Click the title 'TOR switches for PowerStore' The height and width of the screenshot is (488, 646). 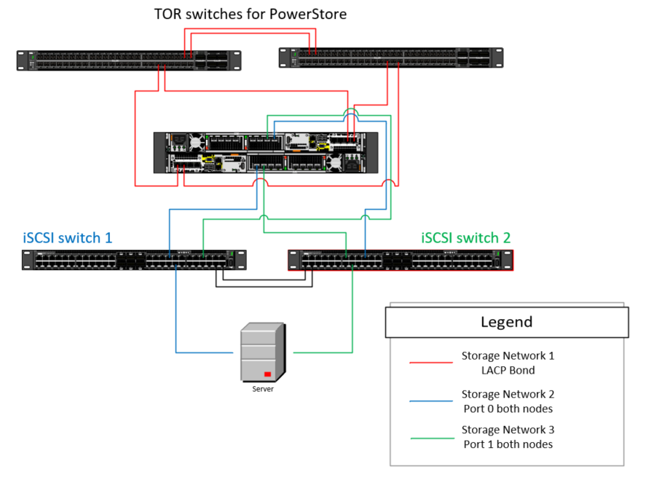(x=251, y=14)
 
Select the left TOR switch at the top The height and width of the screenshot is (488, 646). (x=128, y=60)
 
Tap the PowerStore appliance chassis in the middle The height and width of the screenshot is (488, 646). (x=266, y=152)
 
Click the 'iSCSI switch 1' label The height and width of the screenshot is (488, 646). (x=67, y=237)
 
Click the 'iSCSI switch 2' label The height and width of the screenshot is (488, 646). (x=466, y=237)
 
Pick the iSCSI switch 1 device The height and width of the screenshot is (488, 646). (x=134, y=260)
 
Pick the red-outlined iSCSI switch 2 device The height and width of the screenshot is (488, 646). (x=401, y=260)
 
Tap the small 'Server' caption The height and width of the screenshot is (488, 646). (x=263, y=389)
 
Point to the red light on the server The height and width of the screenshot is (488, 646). (x=268, y=374)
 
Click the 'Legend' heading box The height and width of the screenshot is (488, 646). (x=506, y=322)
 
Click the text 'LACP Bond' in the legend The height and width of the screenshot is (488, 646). (x=508, y=370)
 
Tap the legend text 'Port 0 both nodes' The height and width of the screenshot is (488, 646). (x=508, y=408)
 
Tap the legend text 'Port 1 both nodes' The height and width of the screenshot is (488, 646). (x=508, y=444)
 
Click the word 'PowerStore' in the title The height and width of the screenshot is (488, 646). (x=310, y=14)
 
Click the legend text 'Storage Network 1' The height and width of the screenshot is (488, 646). (x=508, y=355)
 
